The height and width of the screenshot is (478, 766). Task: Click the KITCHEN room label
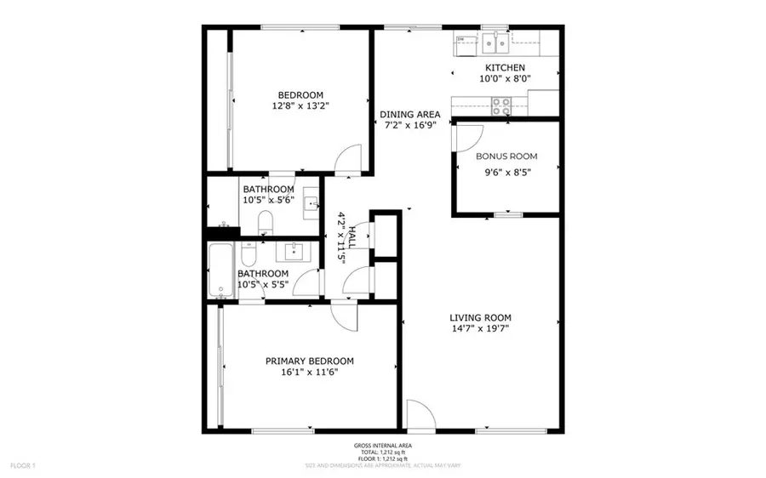click(x=505, y=68)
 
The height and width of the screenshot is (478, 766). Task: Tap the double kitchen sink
click(x=495, y=41)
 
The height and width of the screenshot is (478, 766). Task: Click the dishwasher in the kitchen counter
click(x=461, y=40)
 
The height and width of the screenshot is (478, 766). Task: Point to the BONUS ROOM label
click(x=506, y=156)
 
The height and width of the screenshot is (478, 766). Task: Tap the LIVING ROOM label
click(x=480, y=318)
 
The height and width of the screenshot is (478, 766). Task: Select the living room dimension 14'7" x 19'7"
click(x=480, y=332)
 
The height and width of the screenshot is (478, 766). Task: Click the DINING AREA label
click(x=409, y=114)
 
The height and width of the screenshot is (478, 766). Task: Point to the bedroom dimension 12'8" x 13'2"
click(x=300, y=107)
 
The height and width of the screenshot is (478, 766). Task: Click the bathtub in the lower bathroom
click(x=220, y=270)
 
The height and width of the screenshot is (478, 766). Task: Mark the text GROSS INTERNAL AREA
click(x=382, y=445)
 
